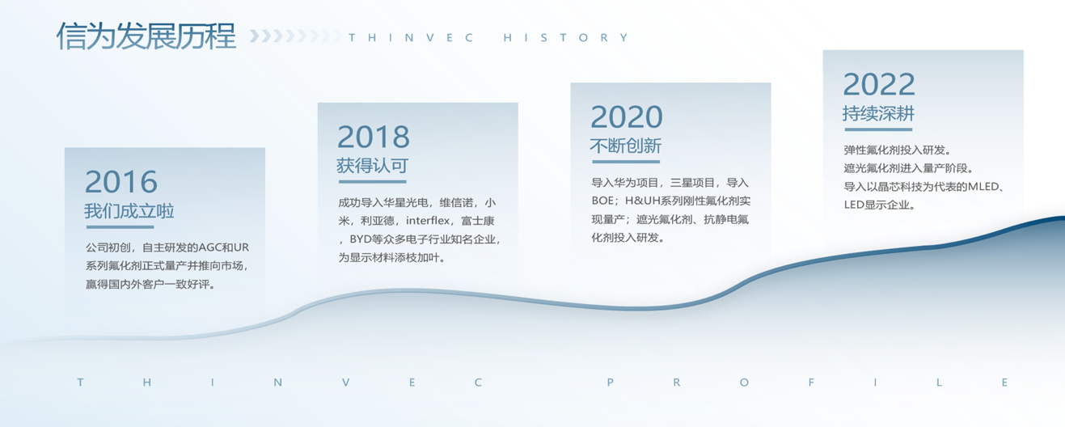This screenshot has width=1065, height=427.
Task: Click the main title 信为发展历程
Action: (x=146, y=36)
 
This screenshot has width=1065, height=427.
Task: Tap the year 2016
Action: (x=121, y=182)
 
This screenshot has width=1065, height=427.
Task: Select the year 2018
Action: (x=374, y=137)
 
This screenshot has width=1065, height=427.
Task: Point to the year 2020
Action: (x=627, y=117)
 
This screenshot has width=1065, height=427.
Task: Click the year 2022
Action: (x=879, y=84)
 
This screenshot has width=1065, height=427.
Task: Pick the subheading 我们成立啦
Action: (x=129, y=210)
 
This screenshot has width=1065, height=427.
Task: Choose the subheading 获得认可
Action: (x=372, y=166)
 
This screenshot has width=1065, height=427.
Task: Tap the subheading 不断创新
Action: (x=626, y=146)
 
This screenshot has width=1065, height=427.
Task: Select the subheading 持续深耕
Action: (x=878, y=114)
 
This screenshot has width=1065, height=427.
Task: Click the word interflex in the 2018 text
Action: (x=428, y=221)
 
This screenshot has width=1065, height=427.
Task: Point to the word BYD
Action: (x=361, y=239)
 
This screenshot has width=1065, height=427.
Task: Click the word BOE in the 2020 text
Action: (x=602, y=201)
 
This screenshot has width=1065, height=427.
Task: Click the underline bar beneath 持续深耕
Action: (x=878, y=129)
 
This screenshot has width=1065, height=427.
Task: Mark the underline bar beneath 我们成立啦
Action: (x=120, y=226)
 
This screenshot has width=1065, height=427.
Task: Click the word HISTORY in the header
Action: (x=566, y=37)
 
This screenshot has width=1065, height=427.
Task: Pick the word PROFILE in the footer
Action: (x=807, y=383)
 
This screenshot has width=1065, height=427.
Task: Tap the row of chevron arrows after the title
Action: (x=295, y=36)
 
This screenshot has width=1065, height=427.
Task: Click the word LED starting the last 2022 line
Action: (x=853, y=205)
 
